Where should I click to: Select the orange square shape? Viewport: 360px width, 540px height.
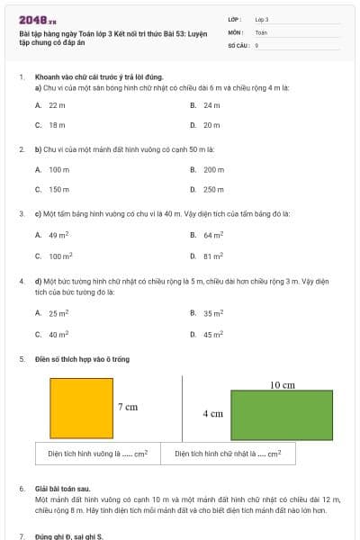tap(81, 408)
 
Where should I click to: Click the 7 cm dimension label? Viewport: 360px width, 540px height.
tap(128, 407)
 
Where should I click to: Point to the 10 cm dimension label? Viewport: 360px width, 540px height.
tap(283, 384)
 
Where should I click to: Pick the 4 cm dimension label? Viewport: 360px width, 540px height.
tap(212, 414)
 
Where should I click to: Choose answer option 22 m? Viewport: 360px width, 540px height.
tap(57, 105)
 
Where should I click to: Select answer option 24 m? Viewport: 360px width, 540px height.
tap(211, 105)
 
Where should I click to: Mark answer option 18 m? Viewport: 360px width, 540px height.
tap(57, 125)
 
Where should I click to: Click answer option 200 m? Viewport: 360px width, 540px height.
tap(213, 169)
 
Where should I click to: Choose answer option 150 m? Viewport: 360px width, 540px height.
tap(58, 189)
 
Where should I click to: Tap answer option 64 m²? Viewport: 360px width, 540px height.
tap(212, 235)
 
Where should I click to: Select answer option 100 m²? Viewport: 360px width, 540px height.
tap(59, 256)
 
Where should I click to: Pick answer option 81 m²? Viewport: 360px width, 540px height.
tap(212, 256)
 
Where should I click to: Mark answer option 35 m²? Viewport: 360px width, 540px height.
tap(212, 313)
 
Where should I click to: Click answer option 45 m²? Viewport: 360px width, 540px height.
tap(212, 334)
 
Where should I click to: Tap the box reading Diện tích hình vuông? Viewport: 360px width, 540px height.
tap(98, 454)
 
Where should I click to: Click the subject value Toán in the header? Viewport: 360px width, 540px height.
tap(261, 31)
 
